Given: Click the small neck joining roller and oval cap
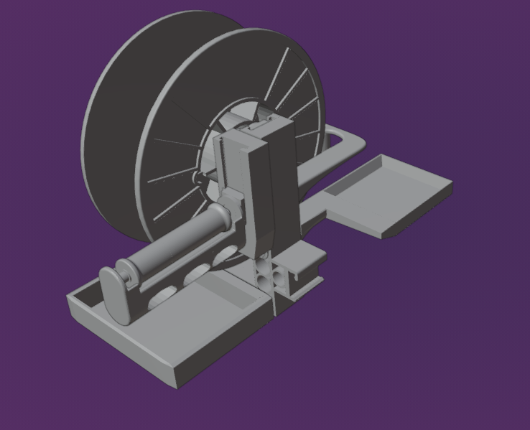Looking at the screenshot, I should pos(129,273).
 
